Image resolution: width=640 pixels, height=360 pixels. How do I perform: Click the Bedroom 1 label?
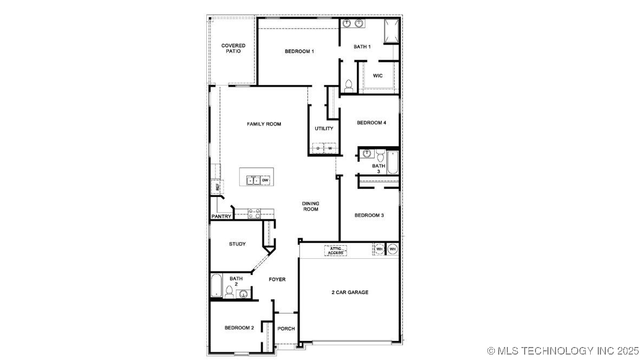tap(299, 51)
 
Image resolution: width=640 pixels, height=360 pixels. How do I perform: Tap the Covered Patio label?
tap(233, 48)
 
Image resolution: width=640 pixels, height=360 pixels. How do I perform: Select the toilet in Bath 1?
tap(349, 86)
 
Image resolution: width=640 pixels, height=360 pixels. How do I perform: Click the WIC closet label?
tap(378, 76)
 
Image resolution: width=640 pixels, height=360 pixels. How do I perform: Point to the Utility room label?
tap(324, 129)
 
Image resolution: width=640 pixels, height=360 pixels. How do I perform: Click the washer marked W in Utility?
tap(329, 148)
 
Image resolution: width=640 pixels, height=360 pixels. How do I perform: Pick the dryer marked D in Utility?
tap(318, 148)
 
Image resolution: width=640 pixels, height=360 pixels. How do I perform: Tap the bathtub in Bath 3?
tap(392, 162)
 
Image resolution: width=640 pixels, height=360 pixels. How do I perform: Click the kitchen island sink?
tap(254, 180)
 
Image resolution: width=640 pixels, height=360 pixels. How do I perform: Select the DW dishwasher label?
tap(265, 180)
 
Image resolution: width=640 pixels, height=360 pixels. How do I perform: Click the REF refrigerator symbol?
tap(217, 187)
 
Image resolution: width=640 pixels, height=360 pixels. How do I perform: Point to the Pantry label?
tap(221, 217)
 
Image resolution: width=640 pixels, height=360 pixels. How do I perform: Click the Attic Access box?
tap(336, 251)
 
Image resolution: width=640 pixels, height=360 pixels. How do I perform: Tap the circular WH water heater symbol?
tap(393, 249)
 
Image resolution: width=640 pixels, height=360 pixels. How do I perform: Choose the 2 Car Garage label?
tap(350, 292)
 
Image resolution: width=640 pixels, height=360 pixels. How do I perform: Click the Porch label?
tap(286, 329)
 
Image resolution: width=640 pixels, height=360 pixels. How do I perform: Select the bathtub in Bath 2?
tap(216, 285)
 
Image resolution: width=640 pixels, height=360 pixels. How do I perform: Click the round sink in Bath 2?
tap(243, 294)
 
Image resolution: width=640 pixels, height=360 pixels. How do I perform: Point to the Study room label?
tap(237, 244)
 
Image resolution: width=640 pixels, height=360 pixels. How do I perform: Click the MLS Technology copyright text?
tap(563, 351)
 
